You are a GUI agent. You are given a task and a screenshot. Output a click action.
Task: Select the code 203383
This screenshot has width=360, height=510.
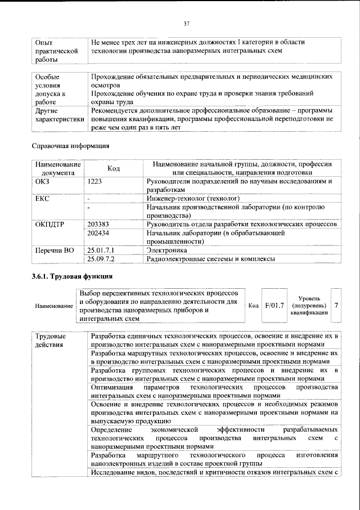coord(99,224)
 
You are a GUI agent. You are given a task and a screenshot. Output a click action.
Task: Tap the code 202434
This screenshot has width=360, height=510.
coord(99,233)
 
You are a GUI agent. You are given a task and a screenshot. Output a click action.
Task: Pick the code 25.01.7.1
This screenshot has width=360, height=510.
coord(101,249)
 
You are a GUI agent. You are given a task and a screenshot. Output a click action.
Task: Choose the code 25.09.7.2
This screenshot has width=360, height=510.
coord(101,259)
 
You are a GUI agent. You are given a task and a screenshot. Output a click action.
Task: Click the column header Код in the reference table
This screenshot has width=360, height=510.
coord(114,168)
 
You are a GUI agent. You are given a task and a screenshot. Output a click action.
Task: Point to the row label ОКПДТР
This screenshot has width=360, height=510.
coord(50,224)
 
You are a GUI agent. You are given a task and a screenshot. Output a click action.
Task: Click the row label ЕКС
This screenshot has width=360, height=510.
coord(43,199)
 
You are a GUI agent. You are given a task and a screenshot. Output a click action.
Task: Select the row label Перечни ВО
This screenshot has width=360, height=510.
coord(55,249)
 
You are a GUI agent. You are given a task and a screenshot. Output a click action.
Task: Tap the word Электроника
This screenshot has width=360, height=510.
coord(166,249)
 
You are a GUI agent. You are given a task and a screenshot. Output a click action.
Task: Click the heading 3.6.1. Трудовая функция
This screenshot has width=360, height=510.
coord(72,277)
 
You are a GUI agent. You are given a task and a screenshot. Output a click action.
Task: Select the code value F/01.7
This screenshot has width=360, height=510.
coord(274,305)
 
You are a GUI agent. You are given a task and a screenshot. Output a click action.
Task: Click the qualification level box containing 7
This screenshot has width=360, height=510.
coord(336,305)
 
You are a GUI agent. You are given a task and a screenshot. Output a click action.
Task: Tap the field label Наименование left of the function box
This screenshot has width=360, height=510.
coord(54,306)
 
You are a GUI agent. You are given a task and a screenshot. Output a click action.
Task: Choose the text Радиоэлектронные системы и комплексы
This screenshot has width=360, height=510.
coord(210,259)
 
